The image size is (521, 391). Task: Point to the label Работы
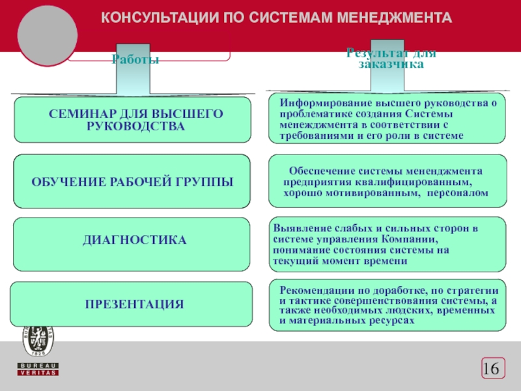tap(135, 59)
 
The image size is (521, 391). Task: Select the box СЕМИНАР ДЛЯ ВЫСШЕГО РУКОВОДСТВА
tap(133, 120)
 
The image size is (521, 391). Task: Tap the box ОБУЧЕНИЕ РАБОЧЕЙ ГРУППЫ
tap(133, 181)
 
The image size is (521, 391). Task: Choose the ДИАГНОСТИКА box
tap(133, 241)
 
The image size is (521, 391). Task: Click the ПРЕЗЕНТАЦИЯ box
tap(133, 304)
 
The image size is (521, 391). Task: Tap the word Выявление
tap(301, 229)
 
